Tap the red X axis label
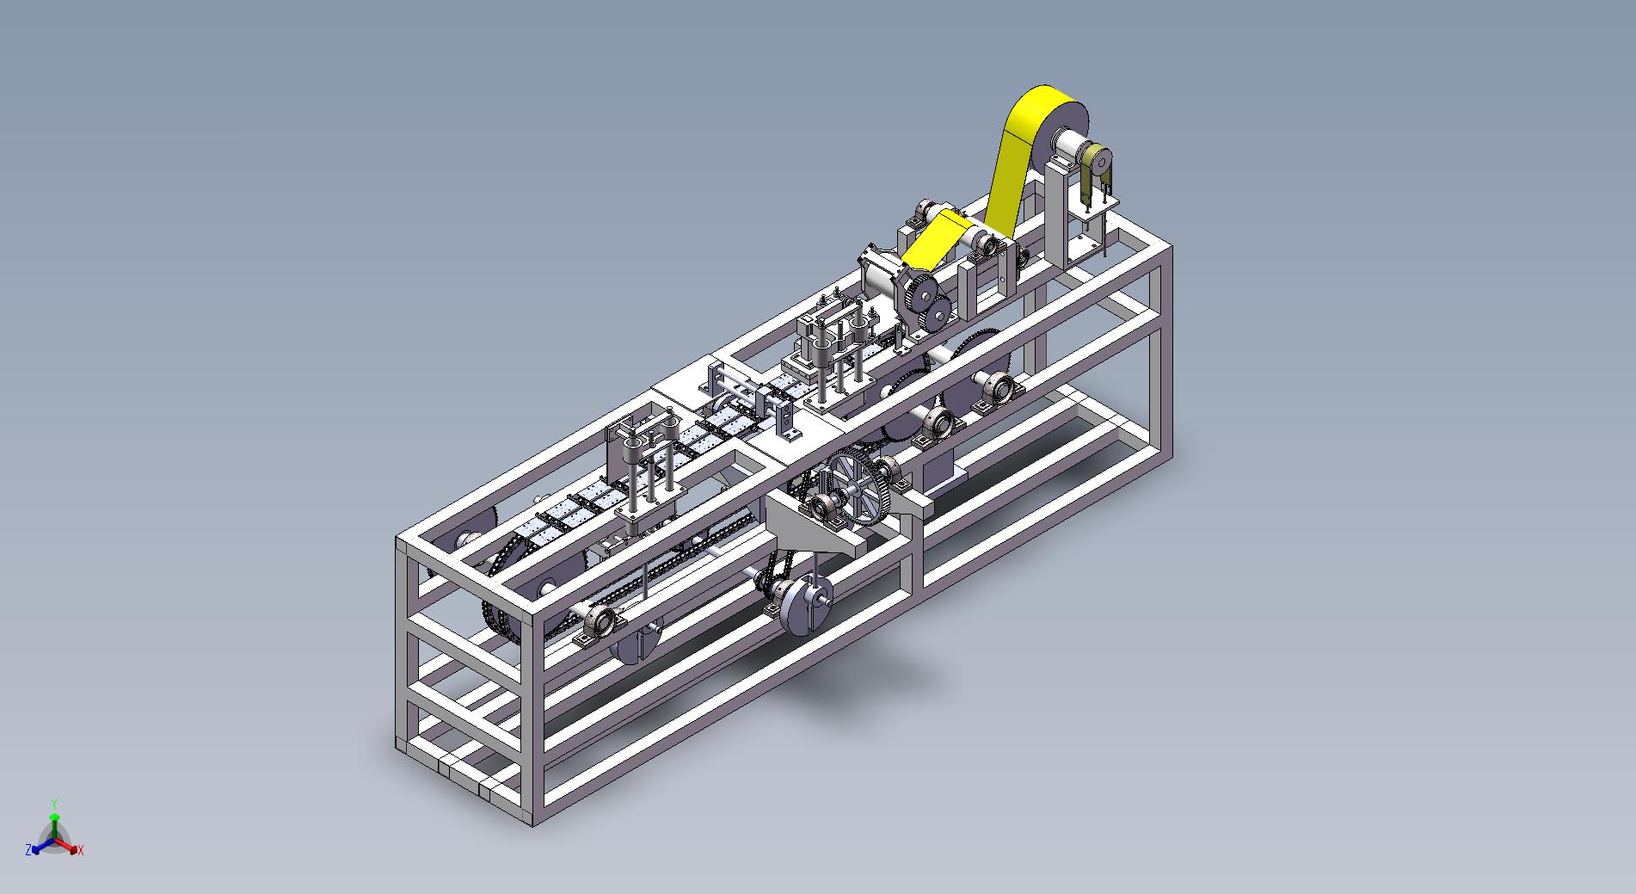point(80,850)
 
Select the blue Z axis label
point(28,850)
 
